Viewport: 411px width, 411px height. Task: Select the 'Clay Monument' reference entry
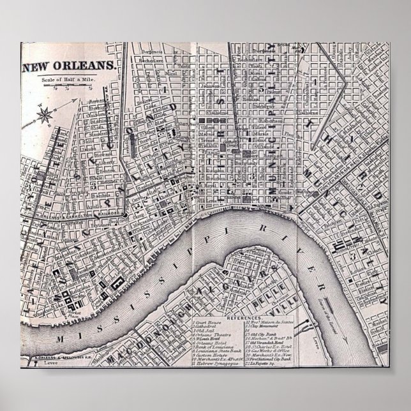[262, 327]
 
